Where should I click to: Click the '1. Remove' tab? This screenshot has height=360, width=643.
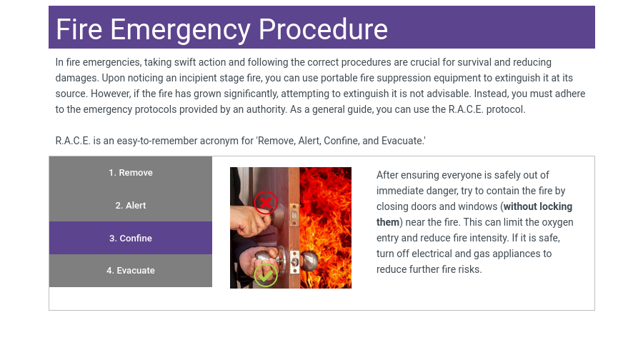(x=131, y=173)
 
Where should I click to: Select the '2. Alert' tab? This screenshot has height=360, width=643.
(x=131, y=206)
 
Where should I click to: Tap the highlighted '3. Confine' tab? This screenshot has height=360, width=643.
(x=131, y=239)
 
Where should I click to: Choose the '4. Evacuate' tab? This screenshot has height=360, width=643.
(x=131, y=271)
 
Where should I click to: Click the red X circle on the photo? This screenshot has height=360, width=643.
(x=266, y=203)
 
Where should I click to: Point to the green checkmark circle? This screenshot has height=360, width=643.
(x=266, y=275)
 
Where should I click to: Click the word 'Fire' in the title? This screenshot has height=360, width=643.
(x=79, y=29)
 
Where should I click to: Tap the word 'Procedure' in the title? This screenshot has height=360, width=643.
(x=323, y=29)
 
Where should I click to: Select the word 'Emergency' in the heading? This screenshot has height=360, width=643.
(x=181, y=30)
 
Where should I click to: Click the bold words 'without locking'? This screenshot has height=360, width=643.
(x=538, y=206)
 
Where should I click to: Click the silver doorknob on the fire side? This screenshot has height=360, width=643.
(x=309, y=260)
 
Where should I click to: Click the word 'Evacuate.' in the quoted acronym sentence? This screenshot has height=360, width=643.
(x=404, y=141)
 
